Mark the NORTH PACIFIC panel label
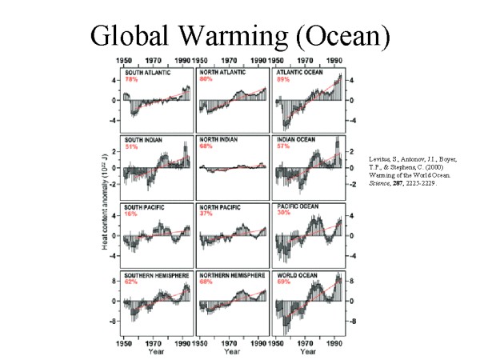click(x=220, y=207)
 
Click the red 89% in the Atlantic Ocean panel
click(x=282, y=80)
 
